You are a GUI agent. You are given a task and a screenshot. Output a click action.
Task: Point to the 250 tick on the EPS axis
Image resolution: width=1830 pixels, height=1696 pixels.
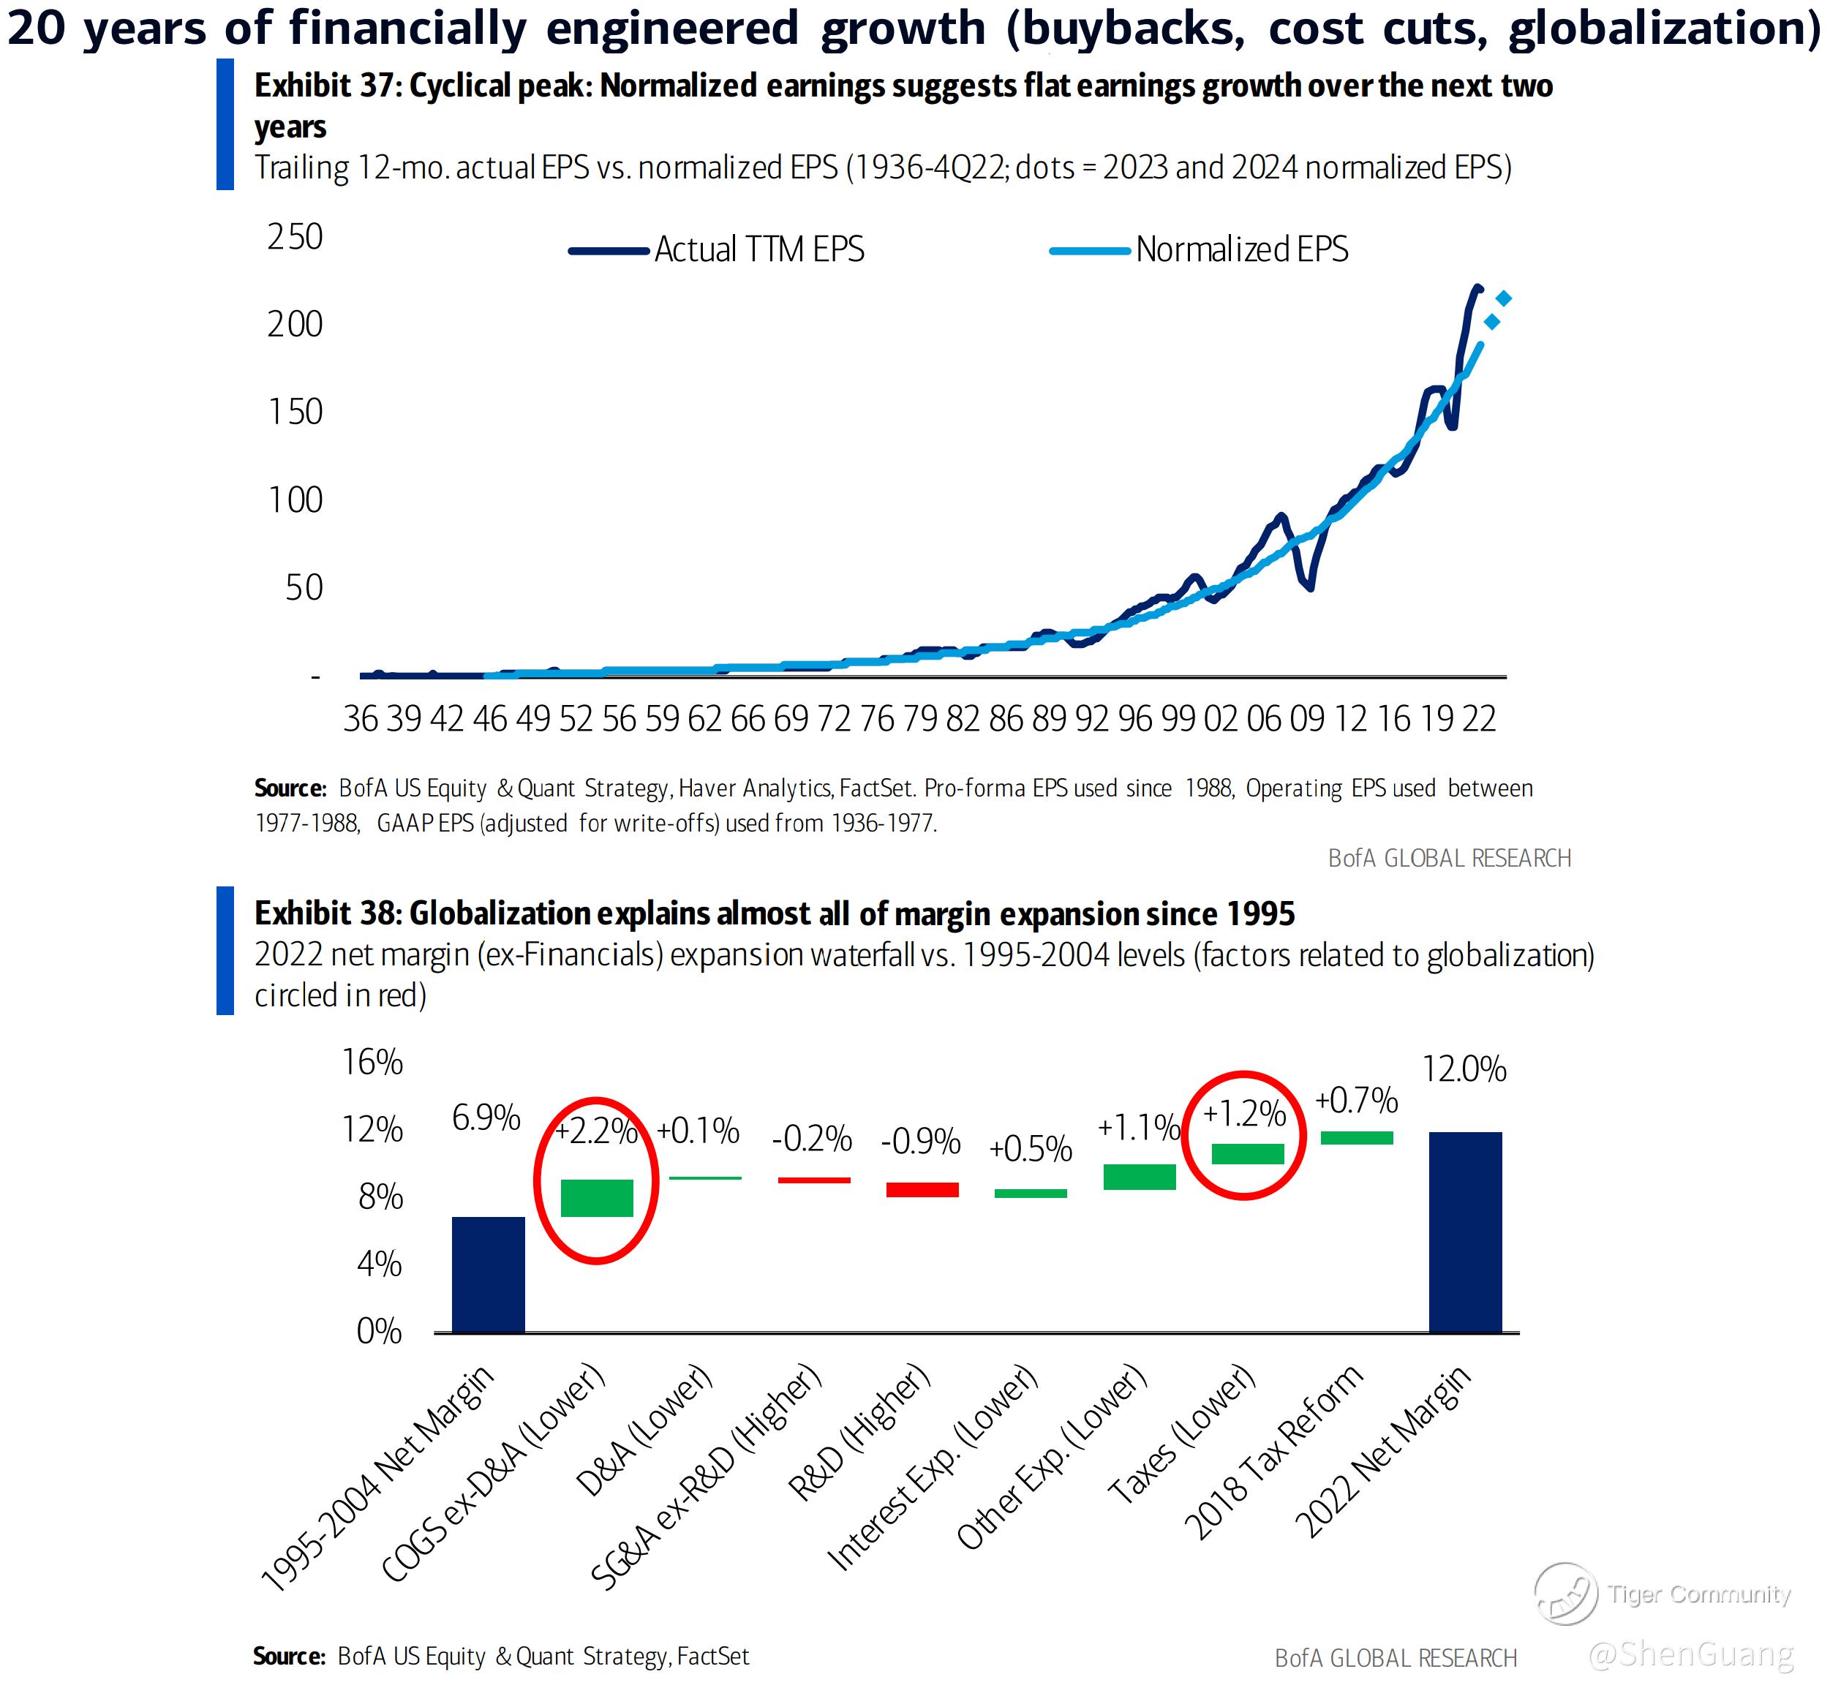pos(295,237)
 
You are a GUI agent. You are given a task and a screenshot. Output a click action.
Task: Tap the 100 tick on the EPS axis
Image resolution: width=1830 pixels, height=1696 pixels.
pos(295,500)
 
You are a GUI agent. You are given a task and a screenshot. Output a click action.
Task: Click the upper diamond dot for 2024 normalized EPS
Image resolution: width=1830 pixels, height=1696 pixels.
pos(1503,298)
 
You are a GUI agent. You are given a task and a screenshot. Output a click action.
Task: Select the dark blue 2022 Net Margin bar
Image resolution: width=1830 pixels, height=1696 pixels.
pos(1465,1232)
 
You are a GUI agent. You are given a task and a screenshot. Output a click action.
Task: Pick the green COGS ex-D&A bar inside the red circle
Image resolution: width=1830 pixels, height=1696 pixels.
pos(597,1198)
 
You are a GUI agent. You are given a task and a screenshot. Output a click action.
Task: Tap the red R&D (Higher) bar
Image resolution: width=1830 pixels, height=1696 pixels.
pos(922,1189)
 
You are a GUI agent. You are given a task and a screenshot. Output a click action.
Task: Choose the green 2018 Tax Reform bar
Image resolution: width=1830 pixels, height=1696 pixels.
pos(1357,1138)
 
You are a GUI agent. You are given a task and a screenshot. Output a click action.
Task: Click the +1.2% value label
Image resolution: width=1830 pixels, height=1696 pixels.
pos(1243,1114)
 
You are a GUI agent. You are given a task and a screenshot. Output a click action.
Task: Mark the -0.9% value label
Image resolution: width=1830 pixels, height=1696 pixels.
pos(921,1142)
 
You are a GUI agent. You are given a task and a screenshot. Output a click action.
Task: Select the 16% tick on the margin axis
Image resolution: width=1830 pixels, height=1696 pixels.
pos(372,1063)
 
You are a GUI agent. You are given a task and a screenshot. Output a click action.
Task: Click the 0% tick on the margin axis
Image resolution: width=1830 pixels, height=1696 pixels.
pos(379,1332)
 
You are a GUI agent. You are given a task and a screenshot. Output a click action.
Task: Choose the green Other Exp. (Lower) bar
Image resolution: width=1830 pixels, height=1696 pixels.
pos(1139,1177)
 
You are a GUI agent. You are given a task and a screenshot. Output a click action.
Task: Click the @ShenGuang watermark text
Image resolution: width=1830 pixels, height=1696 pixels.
pos(1690,1654)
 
